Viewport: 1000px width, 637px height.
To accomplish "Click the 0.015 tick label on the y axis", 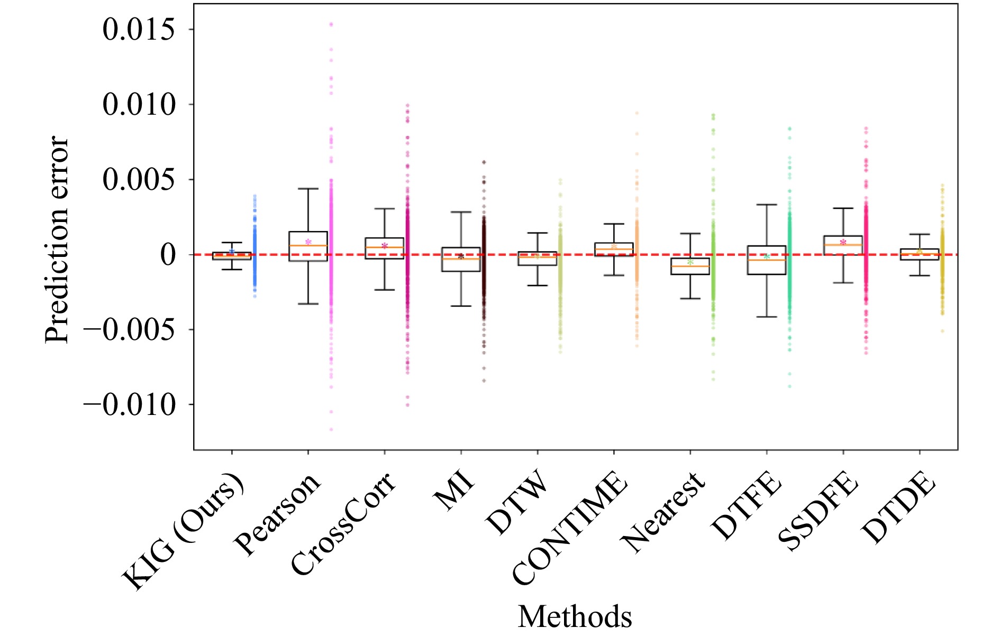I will pos(138,30).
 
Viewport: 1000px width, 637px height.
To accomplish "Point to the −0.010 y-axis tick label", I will pos(129,405).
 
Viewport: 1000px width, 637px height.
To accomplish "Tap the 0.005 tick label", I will pos(138,180).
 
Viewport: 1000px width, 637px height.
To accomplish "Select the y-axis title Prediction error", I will pos(57,240).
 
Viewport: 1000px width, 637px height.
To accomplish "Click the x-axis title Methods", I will pos(575,616).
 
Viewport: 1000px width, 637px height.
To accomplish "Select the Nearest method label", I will pos(665,510).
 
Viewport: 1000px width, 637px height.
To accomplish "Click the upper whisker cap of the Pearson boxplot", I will pos(308,189).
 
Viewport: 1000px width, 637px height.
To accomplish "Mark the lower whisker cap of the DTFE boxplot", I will pos(767,317).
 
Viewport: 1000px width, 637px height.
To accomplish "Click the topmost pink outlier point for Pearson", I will pos(331,24).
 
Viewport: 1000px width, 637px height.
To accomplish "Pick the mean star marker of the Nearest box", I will pos(690,262).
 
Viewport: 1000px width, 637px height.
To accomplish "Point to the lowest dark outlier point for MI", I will pos(484,381).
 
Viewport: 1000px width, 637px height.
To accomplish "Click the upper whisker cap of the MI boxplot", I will pos(461,212).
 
